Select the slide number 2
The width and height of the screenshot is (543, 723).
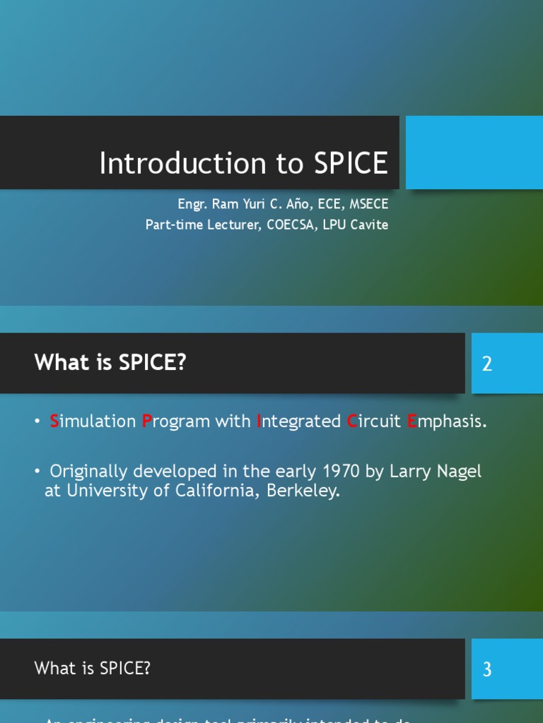pyautogui.click(x=486, y=364)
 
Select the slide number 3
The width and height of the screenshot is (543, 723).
pyautogui.click(x=486, y=669)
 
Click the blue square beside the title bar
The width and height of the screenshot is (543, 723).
pyautogui.click(x=474, y=153)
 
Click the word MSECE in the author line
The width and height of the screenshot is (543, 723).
pyautogui.click(x=369, y=205)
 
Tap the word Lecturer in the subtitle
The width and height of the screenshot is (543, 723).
pyautogui.click(x=228, y=225)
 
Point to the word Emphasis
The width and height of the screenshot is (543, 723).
pyautogui.click(x=447, y=422)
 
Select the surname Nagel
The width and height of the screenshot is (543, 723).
pyautogui.click(x=457, y=471)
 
